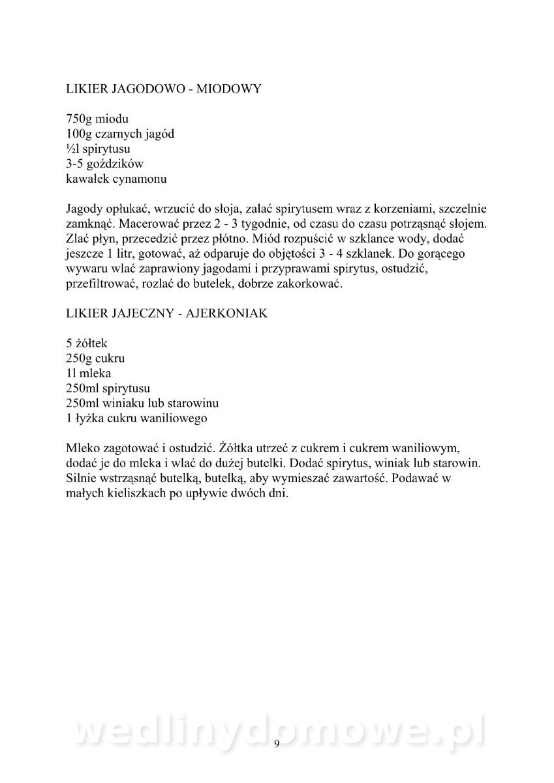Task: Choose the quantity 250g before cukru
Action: (80, 359)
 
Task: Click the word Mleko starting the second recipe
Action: (83, 449)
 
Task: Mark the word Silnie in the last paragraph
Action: (82, 479)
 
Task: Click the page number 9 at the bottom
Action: (277, 744)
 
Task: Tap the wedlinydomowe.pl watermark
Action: (277, 734)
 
